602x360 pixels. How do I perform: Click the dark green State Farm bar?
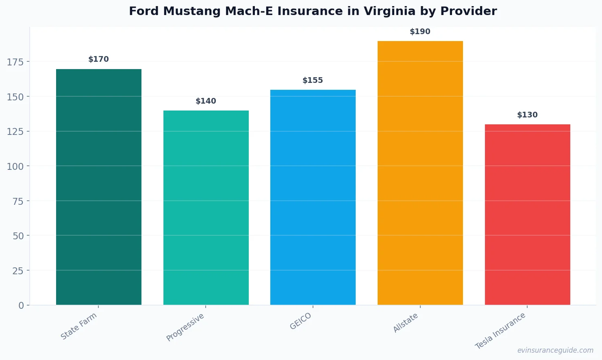[99, 187]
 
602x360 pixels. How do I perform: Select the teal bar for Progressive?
[206, 208]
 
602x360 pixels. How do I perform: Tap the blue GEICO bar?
[313, 197]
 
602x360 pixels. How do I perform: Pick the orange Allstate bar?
[420, 173]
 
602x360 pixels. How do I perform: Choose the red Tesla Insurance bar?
[527, 215]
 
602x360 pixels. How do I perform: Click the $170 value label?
[99, 59]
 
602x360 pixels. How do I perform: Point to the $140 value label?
[206, 101]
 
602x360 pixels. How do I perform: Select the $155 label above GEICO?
[313, 80]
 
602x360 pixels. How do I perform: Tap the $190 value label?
[420, 32]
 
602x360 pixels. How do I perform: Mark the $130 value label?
[527, 115]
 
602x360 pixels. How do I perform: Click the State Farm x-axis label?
[79, 326]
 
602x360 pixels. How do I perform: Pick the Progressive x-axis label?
[185, 327]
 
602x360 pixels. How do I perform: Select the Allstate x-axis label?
[406, 323]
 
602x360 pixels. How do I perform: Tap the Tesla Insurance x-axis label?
[500, 331]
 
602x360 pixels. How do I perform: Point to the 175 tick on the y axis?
[15, 62]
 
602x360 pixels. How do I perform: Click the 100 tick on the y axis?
[15, 166]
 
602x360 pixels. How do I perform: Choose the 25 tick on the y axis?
[18, 271]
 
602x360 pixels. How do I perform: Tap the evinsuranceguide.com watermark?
[555, 350]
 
